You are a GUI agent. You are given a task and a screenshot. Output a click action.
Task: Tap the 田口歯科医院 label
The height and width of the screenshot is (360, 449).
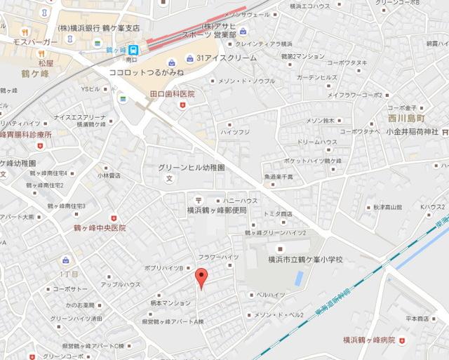172,93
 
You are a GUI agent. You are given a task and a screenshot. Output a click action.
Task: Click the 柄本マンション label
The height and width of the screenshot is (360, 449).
170,302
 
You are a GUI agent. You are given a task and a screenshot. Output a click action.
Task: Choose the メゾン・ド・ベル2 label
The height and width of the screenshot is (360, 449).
279,314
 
